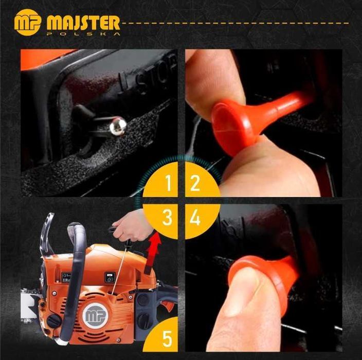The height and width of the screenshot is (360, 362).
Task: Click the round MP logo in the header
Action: coord(27,23)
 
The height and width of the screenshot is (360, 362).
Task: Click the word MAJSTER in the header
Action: coord(83,23)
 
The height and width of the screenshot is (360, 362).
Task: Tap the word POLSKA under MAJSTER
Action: coord(83,34)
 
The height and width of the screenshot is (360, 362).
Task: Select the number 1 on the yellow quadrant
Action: coord(168,183)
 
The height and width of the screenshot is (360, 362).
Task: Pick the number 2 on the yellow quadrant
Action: coord(195,183)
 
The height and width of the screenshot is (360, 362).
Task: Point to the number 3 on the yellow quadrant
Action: coord(168,218)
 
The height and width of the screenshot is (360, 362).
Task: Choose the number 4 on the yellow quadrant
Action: coord(195,218)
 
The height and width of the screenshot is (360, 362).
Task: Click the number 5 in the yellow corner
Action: coord(168,338)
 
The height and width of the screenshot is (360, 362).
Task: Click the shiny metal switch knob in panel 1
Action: coord(118,126)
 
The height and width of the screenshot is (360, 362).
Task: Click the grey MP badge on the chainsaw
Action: coord(95,315)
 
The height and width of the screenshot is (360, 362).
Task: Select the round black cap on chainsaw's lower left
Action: coord(54,320)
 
